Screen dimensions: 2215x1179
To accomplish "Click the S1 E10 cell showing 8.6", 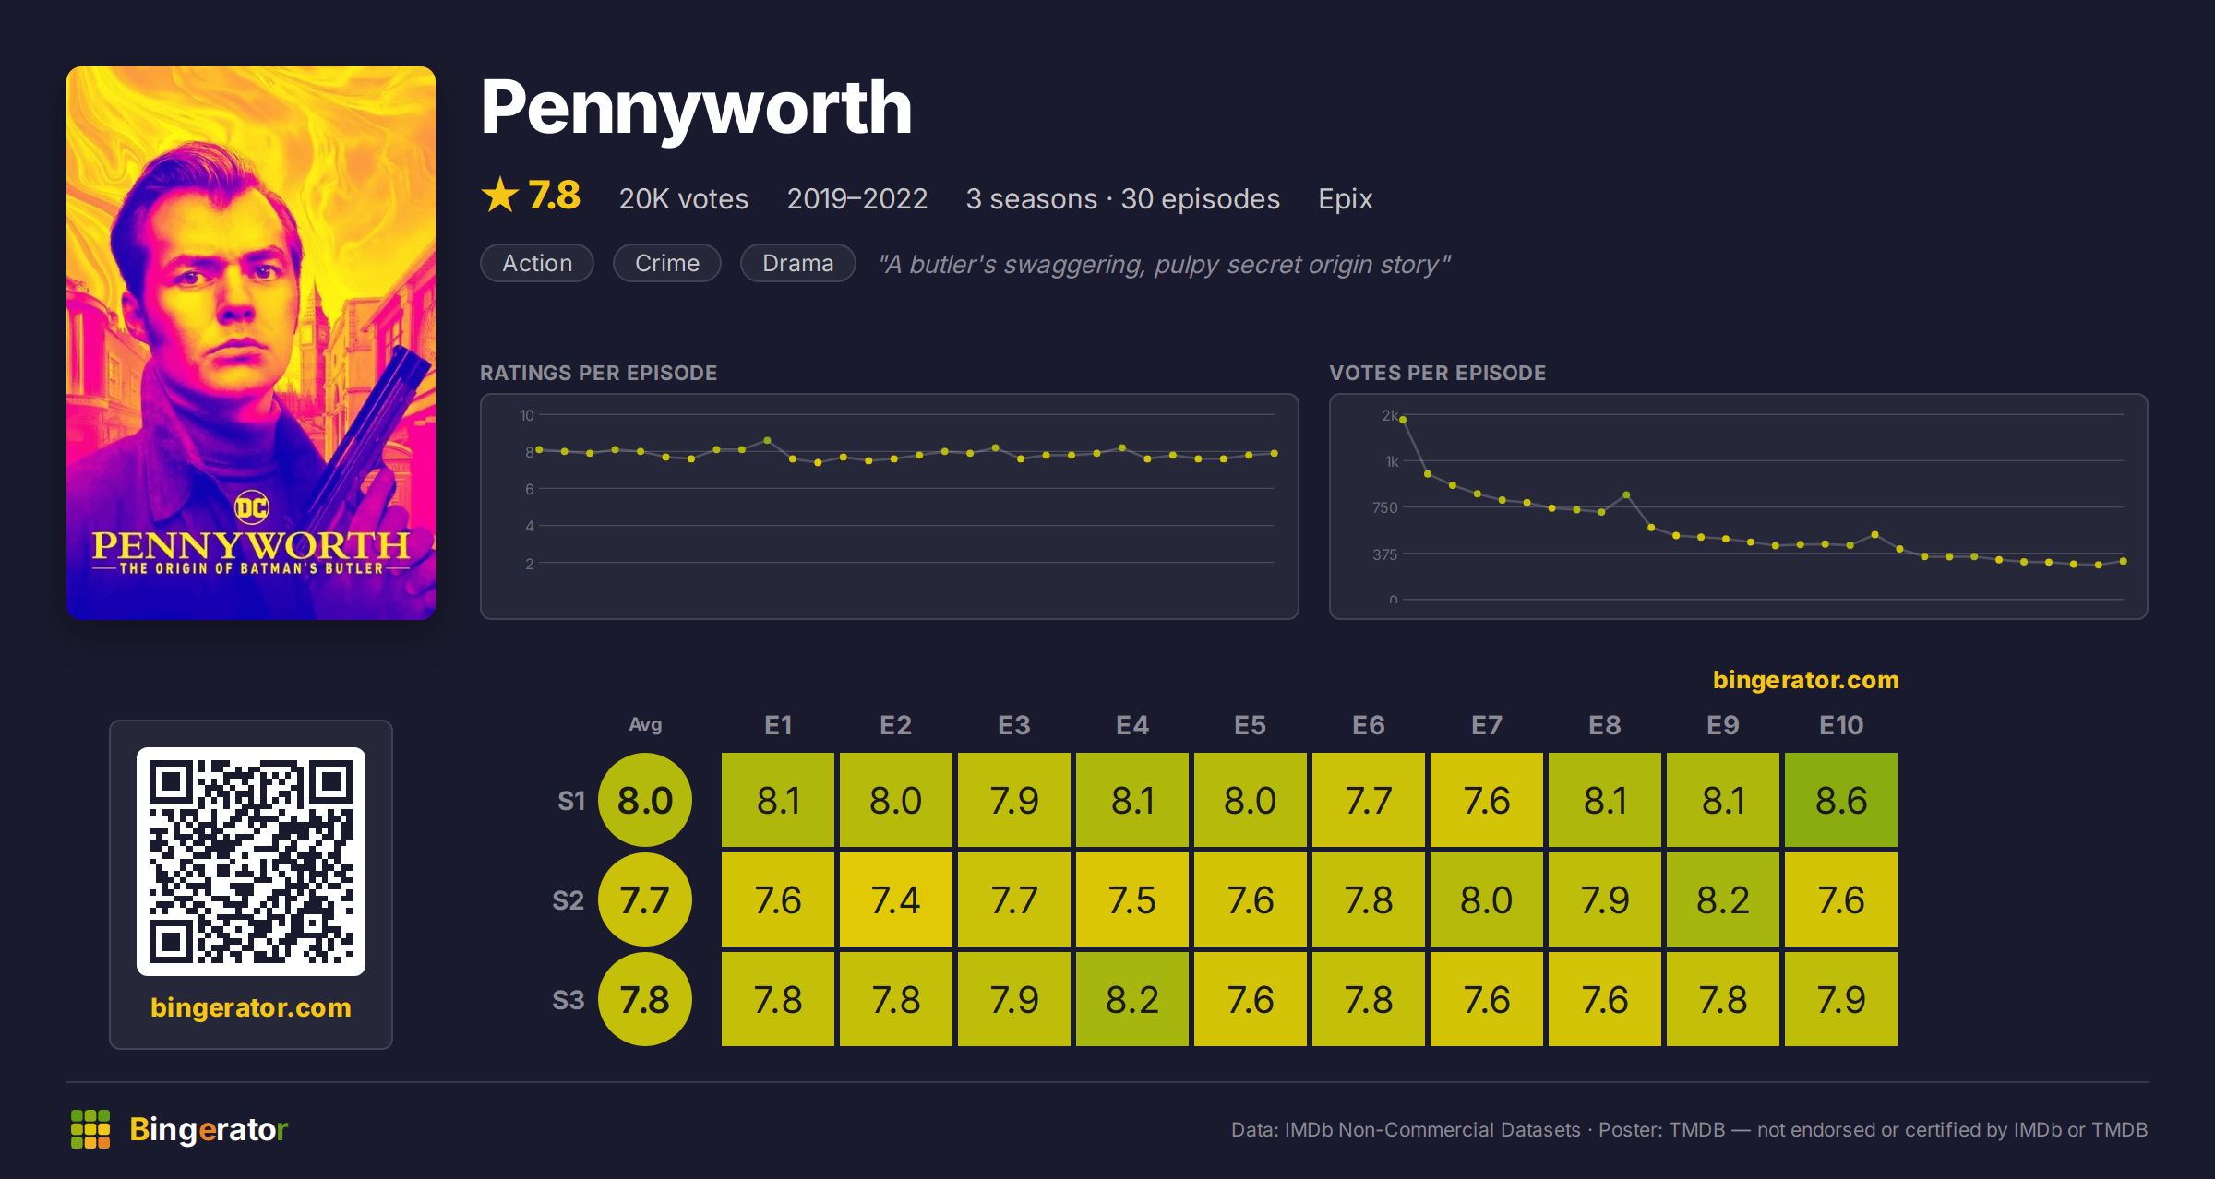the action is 1840,800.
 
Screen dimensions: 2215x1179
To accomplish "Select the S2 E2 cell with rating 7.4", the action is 895,899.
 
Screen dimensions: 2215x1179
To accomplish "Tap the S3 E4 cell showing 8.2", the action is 1131,999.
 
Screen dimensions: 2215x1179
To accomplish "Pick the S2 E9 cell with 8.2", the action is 1722,899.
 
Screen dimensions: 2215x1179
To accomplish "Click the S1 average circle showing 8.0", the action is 645,800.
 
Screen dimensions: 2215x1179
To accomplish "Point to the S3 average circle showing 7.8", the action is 645,999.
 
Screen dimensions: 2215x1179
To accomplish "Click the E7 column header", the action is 1486,725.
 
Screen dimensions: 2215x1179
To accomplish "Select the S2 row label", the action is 569,900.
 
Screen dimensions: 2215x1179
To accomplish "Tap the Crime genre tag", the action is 667,263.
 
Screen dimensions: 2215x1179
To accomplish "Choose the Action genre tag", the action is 537,263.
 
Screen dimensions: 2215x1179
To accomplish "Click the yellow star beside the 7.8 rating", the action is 500,195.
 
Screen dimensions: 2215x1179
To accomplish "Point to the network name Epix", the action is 1345,199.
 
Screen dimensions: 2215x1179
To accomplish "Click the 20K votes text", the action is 684,198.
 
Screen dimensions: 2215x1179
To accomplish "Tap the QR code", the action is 251,862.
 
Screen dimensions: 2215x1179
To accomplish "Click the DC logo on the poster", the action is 251,506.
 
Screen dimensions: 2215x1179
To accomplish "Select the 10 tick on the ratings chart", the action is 527,415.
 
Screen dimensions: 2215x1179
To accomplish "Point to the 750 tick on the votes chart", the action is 1385,507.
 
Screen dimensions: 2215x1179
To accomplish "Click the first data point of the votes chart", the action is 1403,419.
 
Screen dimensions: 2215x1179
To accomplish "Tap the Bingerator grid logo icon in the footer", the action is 90,1129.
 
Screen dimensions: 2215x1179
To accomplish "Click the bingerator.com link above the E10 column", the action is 1806,680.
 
